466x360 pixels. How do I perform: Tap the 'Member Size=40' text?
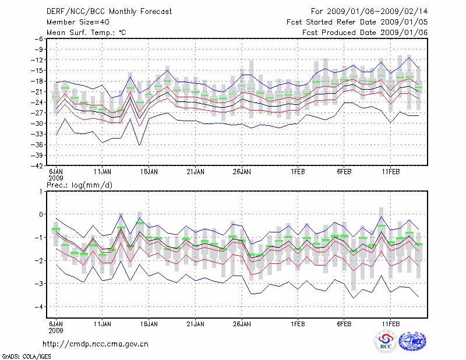(x=73, y=22)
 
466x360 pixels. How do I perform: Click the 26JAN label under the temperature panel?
(x=242, y=172)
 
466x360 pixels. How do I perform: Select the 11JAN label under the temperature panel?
(x=103, y=172)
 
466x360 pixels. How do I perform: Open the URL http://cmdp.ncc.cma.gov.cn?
(x=96, y=344)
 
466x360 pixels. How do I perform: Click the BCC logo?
(x=386, y=341)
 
